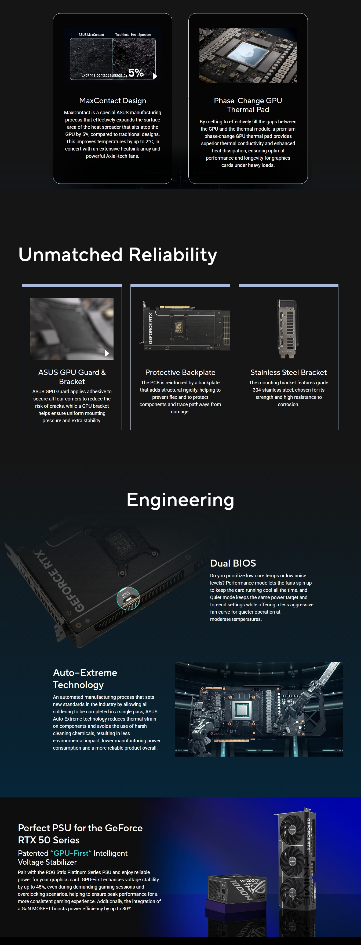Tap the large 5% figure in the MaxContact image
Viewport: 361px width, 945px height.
click(136, 73)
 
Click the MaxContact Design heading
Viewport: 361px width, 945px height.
click(112, 101)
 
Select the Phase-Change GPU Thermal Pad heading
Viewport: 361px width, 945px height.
click(248, 105)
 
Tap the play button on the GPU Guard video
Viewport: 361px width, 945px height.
click(107, 353)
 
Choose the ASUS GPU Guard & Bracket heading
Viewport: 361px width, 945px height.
click(72, 377)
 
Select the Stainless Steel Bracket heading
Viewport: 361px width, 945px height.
click(289, 372)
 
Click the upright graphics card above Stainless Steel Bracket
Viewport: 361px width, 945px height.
click(288, 329)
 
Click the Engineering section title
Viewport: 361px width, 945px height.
click(180, 500)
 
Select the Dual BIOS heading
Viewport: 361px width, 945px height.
click(233, 563)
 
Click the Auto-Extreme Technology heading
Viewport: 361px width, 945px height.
click(85, 679)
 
